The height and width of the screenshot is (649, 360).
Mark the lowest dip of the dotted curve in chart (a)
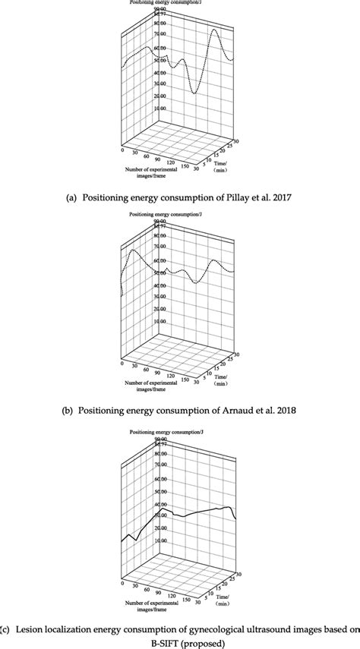(x=195, y=93)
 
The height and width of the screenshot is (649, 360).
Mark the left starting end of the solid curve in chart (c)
(x=122, y=541)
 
